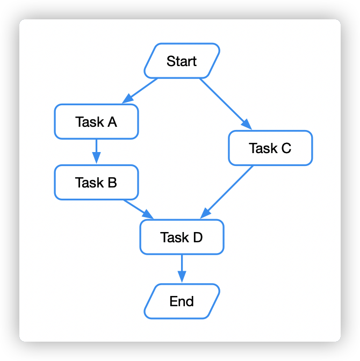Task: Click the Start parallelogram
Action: (x=182, y=61)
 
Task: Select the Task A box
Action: (x=97, y=122)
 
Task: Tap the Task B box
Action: (x=97, y=183)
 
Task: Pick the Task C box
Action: (x=270, y=148)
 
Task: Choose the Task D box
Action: (x=182, y=237)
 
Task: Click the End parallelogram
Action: (x=182, y=301)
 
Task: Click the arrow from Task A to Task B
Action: (x=97, y=151)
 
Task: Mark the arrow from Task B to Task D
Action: (x=138, y=209)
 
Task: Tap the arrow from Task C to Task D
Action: (x=228, y=191)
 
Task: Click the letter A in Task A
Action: (x=112, y=122)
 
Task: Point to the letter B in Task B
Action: (x=112, y=183)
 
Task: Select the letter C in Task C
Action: (x=286, y=148)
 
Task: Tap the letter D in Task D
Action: (x=197, y=237)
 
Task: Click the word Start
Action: (x=182, y=61)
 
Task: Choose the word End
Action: (x=182, y=301)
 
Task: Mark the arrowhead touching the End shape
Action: (x=182, y=277)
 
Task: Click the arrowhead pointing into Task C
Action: (x=247, y=125)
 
